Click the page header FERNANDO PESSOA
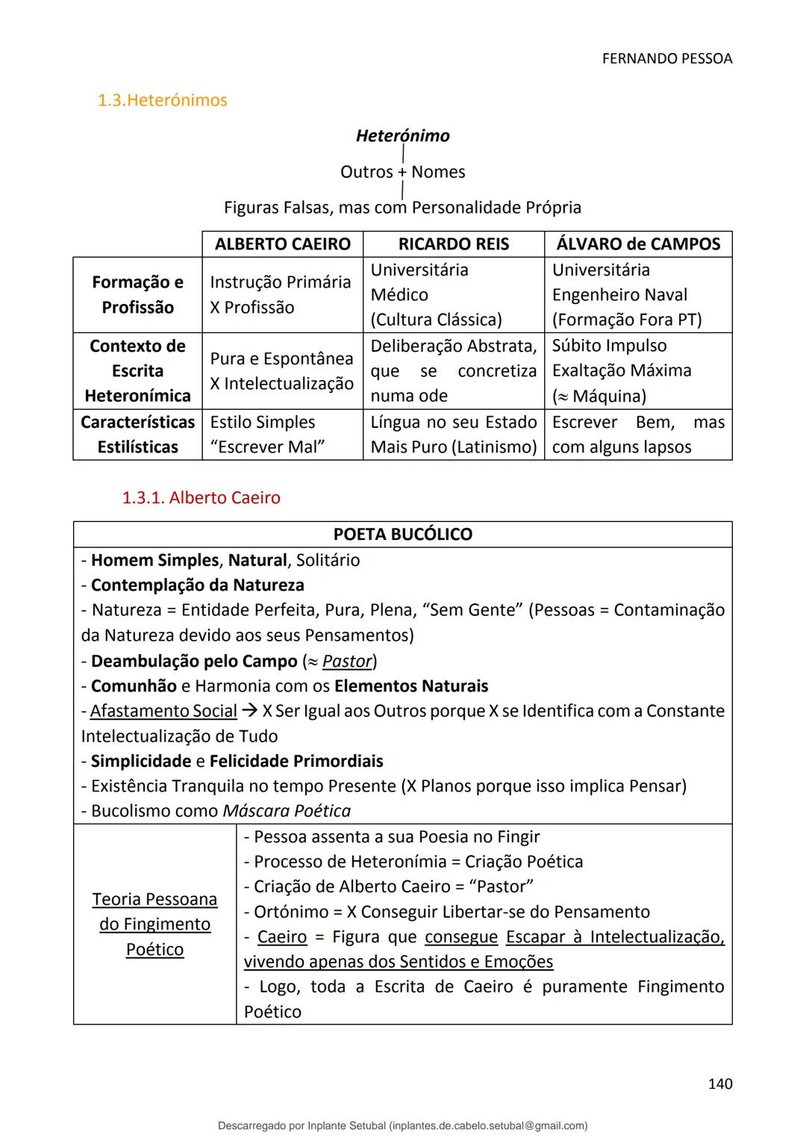click(x=666, y=58)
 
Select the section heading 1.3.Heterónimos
click(x=162, y=100)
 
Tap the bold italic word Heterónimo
click(x=402, y=136)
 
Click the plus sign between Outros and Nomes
click(x=402, y=172)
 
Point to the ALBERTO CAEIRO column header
click(x=282, y=244)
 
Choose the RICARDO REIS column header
click(x=453, y=244)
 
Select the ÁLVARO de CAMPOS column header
click(x=638, y=244)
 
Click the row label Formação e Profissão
click(x=137, y=295)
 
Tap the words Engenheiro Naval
click(x=619, y=295)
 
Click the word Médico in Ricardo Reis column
click(x=399, y=295)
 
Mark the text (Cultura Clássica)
click(x=436, y=320)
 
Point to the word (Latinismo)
click(x=493, y=447)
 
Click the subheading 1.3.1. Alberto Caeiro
click(x=201, y=498)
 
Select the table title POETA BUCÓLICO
click(x=402, y=535)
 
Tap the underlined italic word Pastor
click(x=347, y=662)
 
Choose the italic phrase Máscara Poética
click(x=287, y=811)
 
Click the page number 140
click(x=719, y=1084)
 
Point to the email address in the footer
click(x=488, y=1125)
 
